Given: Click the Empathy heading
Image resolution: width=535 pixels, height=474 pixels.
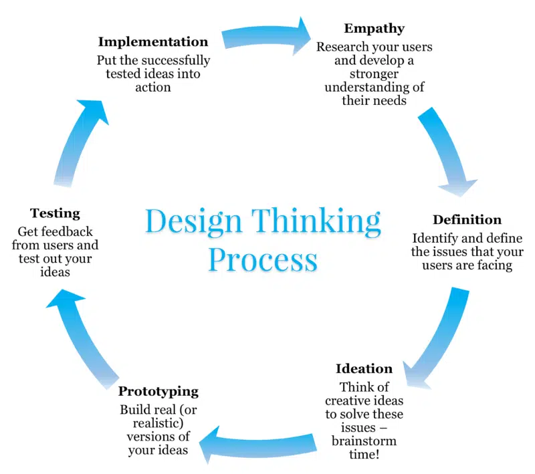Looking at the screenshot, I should click(374, 29).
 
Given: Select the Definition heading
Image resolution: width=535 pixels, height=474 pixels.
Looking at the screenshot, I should click(467, 220).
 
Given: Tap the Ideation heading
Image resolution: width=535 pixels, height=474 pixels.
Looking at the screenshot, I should click(364, 368).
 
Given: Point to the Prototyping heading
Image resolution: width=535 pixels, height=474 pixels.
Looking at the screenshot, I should click(158, 391).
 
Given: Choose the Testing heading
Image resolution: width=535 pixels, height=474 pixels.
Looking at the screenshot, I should click(55, 214).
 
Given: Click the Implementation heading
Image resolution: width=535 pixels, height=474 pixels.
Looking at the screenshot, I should click(153, 41).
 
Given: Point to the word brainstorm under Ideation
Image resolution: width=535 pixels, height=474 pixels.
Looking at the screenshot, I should click(364, 441).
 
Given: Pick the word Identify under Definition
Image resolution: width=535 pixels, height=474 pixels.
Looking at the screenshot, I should click(437, 238).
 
